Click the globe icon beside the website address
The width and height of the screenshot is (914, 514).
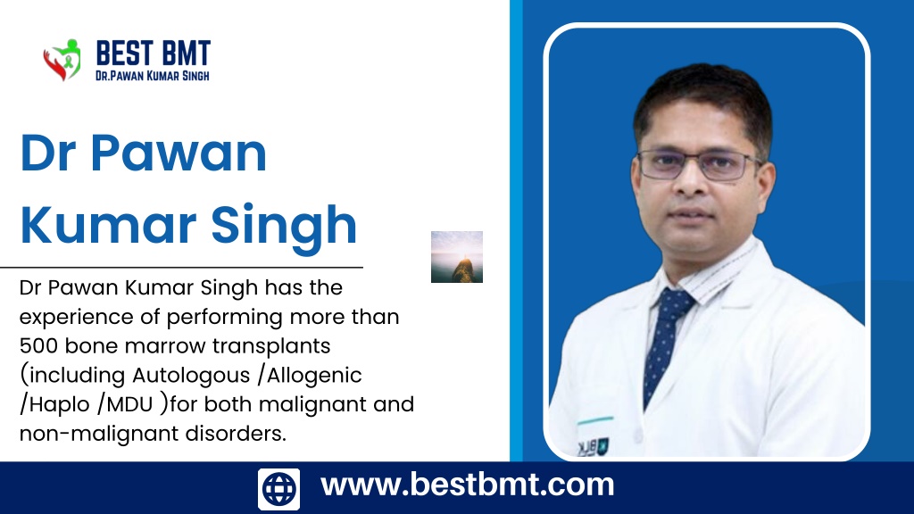point(278,489)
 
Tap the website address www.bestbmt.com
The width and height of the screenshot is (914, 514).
point(468,485)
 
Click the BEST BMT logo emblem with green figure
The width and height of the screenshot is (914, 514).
point(62,60)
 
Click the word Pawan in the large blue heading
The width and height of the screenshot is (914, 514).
point(179,153)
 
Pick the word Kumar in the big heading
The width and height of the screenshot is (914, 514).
point(108,224)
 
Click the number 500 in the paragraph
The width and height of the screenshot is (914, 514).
point(38,346)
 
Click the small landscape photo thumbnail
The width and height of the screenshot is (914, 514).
point(457,257)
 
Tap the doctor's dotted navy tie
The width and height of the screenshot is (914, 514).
point(664,344)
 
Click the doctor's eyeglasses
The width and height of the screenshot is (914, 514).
point(699,165)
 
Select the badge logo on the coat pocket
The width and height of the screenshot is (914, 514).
point(593,447)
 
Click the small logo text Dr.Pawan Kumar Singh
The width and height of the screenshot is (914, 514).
point(152,76)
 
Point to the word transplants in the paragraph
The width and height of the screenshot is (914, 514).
point(271,347)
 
